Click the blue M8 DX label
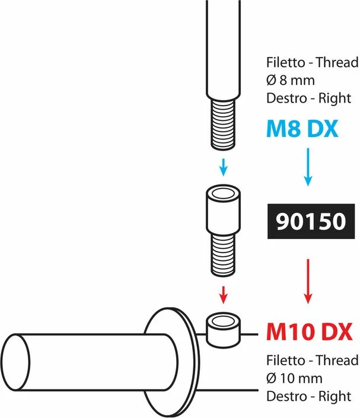coord(302,129)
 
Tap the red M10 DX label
coord(310,331)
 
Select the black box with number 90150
coord(311,221)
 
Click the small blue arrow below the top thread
coord(224,167)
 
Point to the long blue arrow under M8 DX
coord(308,167)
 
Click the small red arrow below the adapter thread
coord(224,295)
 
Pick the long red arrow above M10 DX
coord(308,281)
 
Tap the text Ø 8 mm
coord(291,80)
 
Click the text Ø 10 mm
coord(294,378)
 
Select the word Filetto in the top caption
coord(286,62)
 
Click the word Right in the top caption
coord(334,98)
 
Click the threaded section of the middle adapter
coord(223,256)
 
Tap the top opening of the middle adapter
coord(223,193)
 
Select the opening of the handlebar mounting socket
coord(223,320)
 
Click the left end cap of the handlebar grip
coord(15,362)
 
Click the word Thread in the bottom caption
coord(337,360)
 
